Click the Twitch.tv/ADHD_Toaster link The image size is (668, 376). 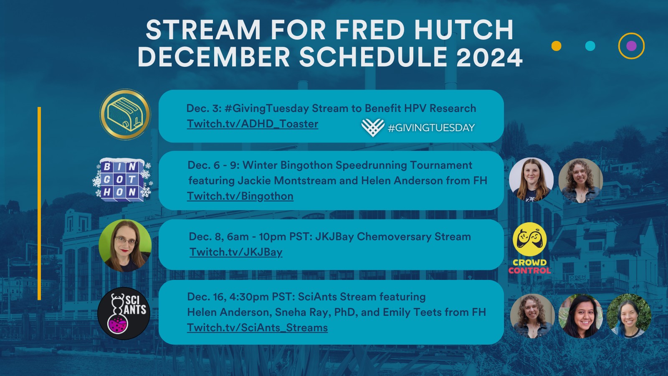[253, 124]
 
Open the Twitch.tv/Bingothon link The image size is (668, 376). [240, 196]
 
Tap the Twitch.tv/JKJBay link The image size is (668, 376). [236, 252]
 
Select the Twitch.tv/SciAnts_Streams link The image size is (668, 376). [257, 328]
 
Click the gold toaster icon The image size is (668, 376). [125, 114]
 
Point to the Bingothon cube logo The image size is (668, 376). [123, 180]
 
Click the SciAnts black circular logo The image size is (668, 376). [124, 313]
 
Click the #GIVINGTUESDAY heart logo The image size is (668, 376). [373, 127]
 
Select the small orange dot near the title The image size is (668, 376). [557, 46]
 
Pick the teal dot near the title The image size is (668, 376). [590, 46]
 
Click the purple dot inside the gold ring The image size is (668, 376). [631, 46]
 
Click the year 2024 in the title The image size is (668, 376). [489, 57]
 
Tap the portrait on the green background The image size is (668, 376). [125, 246]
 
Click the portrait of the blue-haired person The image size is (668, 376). [629, 316]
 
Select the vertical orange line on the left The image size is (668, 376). [39, 203]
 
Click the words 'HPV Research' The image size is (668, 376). [440, 108]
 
